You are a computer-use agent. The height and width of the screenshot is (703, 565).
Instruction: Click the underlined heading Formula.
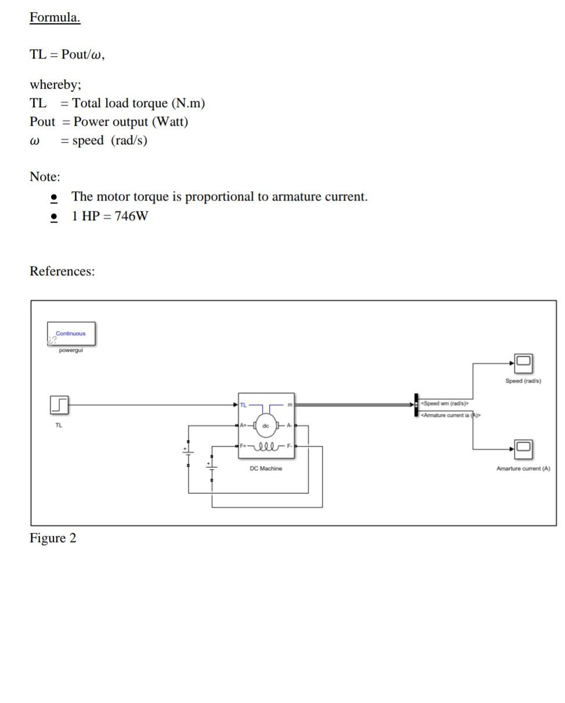pos(55,17)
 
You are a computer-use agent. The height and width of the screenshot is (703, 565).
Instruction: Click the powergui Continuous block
pos(71,334)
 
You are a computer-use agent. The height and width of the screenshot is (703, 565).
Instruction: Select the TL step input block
pos(59,405)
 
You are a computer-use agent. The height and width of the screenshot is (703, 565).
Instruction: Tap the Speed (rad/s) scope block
pos(523,363)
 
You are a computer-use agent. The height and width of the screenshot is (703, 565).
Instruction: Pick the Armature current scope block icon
pos(523,449)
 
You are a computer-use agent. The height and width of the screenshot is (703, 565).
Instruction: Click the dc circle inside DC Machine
pos(266,425)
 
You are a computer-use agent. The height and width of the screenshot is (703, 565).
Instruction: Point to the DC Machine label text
pos(266,468)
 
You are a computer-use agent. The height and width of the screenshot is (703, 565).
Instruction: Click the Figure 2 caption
pos(53,538)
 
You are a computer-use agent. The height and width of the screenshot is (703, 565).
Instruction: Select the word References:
pos(62,271)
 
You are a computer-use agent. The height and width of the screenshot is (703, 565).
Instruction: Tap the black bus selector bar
pos(416,405)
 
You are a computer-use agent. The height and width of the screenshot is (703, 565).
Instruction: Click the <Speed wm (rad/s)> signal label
pos(444,403)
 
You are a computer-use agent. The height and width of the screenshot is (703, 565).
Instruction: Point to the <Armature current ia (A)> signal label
pos(450,415)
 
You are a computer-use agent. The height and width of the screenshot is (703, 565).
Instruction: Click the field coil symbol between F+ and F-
pos(266,447)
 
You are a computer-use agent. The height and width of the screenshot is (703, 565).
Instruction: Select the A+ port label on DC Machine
pos(244,425)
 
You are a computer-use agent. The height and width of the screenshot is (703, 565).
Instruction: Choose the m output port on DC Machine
pos(289,405)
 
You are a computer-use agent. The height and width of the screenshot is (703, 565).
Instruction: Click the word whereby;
pos(56,85)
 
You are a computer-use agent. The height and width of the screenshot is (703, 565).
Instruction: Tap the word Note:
pos(45,177)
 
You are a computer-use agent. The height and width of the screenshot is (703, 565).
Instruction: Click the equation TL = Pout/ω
pos(67,54)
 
